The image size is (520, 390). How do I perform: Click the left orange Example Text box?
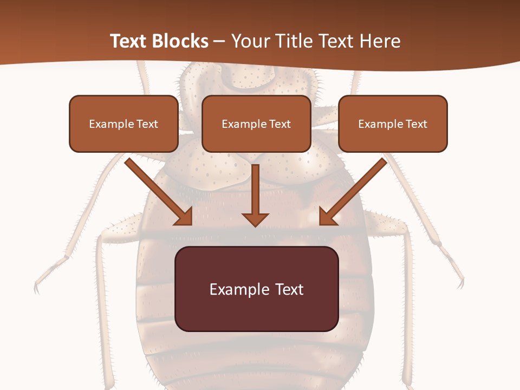[x=123, y=124]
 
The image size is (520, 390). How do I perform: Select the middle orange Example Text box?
[x=256, y=124]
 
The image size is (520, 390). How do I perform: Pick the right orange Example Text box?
[x=393, y=124]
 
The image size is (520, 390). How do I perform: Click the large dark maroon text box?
[x=256, y=289]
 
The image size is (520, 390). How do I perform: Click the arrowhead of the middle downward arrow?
[x=256, y=219]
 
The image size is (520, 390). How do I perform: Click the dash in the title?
[x=219, y=41]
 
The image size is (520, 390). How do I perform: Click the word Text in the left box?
[x=147, y=124]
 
